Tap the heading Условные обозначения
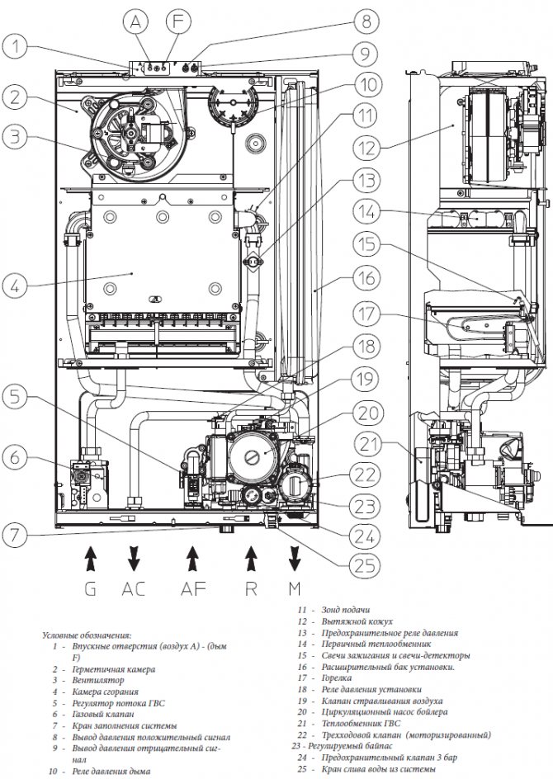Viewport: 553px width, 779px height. coord(86,635)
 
